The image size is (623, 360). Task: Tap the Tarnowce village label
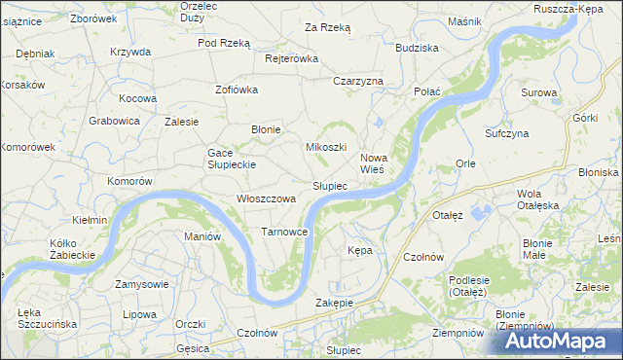tap(284, 232)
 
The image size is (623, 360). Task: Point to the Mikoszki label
tap(326, 147)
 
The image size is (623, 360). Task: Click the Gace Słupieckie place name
tap(231, 159)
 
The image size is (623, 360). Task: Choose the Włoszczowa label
tap(266, 198)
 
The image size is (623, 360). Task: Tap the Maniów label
tap(202, 236)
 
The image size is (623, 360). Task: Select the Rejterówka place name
tap(292, 58)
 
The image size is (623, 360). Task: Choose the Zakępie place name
tap(334, 303)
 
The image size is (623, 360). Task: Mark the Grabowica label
tap(115, 122)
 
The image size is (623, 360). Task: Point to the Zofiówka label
tap(236, 90)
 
